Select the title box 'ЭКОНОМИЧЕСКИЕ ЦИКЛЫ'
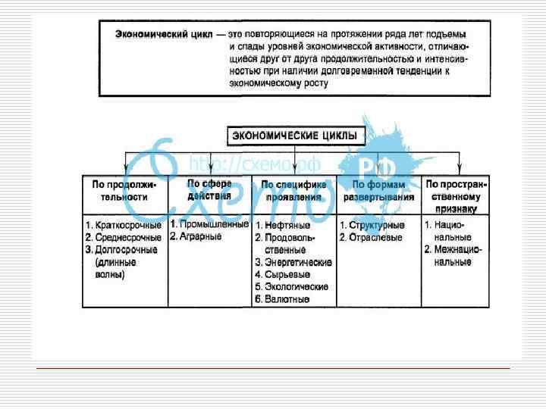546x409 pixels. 297,136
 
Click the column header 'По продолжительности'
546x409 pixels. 124,191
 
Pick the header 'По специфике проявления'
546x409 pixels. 293,191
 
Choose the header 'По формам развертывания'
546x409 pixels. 378,191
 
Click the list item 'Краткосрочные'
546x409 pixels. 127,225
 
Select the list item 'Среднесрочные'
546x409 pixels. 127,237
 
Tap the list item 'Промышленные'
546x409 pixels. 213,224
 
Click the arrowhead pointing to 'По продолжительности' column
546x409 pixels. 126,169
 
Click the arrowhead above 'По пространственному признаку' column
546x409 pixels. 457,169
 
